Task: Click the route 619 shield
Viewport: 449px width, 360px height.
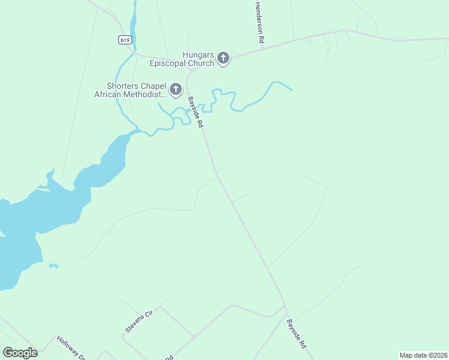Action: point(125,40)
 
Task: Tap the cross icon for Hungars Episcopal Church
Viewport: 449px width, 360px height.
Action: point(223,59)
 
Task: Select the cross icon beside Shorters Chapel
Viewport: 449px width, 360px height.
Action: point(176,90)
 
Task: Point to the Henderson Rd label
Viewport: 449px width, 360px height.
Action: point(259,22)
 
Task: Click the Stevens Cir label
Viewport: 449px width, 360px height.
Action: point(139,321)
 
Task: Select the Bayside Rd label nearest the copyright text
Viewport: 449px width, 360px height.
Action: point(296,334)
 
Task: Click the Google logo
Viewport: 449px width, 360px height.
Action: point(20,353)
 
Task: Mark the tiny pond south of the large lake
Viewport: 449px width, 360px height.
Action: point(54,265)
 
